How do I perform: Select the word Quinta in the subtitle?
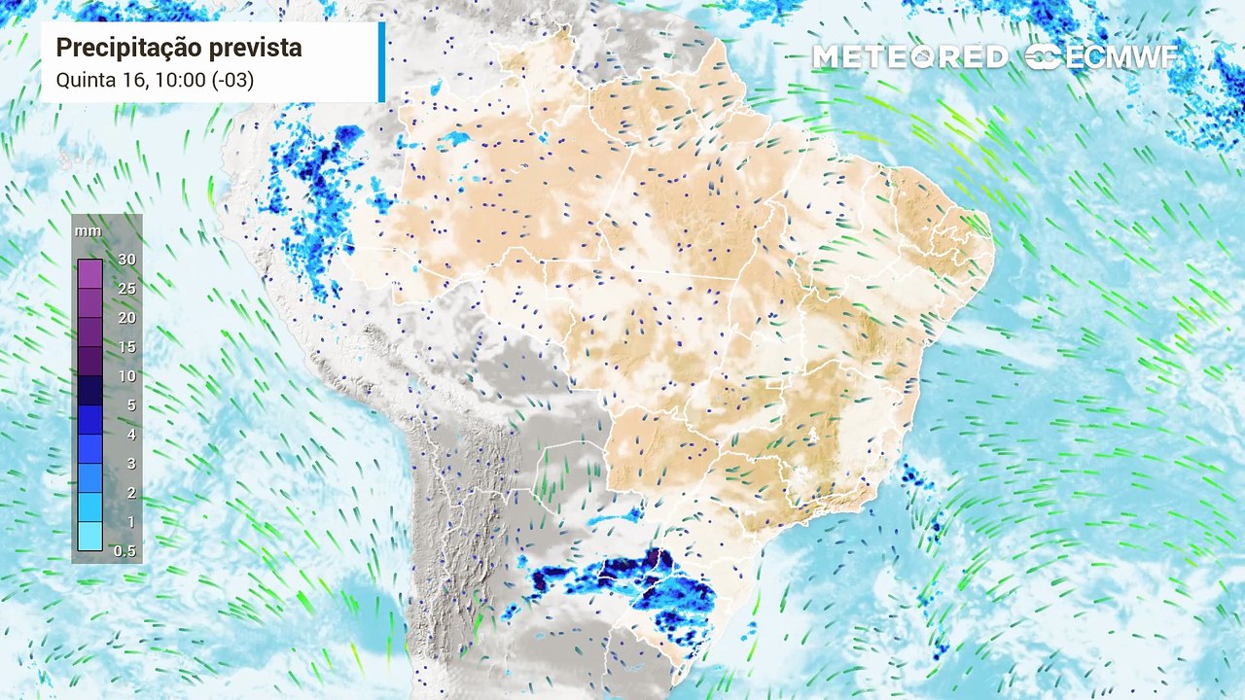click(82, 80)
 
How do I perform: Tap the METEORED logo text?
click(909, 57)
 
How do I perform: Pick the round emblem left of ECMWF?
click(1044, 57)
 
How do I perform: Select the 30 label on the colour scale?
click(126, 260)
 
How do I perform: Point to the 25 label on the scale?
click(126, 289)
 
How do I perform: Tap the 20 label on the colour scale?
click(126, 318)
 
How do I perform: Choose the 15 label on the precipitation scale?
click(126, 347)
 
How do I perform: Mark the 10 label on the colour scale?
click(126, 376)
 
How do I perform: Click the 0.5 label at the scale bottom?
click(125, 551)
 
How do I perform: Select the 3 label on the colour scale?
click(130, 464)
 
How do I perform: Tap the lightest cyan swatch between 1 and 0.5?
click(89, 537)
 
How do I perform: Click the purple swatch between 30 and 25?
click(89, 274)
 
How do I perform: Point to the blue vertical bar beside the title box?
click(381, 62)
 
